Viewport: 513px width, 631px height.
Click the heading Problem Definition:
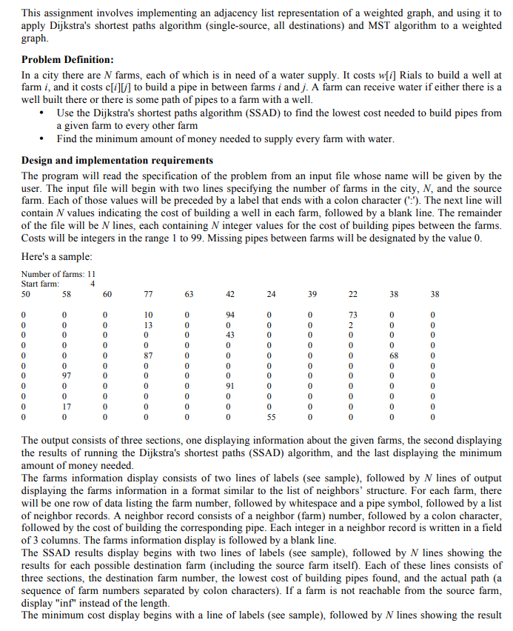click(x=67, y=59)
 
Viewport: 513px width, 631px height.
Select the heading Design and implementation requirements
click(x=117, y=160)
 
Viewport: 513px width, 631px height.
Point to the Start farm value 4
click(x=93, y=283)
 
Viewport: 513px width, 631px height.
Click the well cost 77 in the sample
click(x=148, y=294)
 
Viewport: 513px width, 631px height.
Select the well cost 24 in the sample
click(x=271, y=294)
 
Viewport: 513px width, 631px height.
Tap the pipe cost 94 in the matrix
click(x=230, y=314)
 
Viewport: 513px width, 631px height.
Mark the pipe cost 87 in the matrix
click(x=148, y=355)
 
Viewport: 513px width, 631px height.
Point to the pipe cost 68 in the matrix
click(x=394, y=355)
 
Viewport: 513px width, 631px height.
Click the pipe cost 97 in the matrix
click(x=67, y=376)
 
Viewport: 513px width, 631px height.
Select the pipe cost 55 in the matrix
click(x=271, y=417)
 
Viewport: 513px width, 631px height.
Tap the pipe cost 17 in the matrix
click(x=67, y=407)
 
